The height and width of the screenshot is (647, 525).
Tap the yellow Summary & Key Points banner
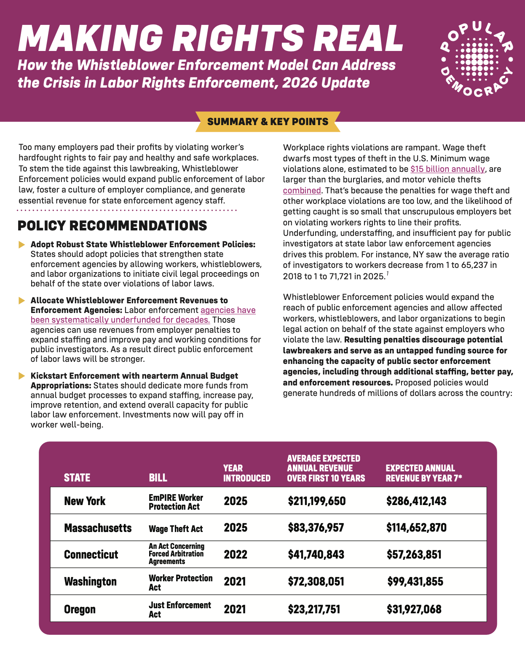(268, 122)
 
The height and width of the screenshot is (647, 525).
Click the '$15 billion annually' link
(447, 169)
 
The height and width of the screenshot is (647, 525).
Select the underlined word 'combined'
(302, 190)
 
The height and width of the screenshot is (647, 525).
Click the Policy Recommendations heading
(112, 226)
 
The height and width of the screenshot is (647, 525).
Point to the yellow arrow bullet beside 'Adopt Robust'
(22, 245)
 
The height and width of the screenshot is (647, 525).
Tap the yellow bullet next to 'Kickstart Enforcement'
(22, 376)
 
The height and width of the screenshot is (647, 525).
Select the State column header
(77, 478)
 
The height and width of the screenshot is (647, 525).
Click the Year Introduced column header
(246, 473)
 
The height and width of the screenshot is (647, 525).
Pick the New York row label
(85, 501)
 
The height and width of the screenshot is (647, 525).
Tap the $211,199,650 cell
(317, 501)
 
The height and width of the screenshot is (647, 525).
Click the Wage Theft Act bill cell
(176, 529)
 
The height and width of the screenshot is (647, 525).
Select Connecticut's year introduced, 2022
(236, 554)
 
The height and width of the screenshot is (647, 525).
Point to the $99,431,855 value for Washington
(415, 582)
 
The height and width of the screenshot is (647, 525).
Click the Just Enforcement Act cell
(179, 610)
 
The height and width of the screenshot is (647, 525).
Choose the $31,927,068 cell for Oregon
(414, 609)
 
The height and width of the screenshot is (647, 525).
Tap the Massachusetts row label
(98, 528)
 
